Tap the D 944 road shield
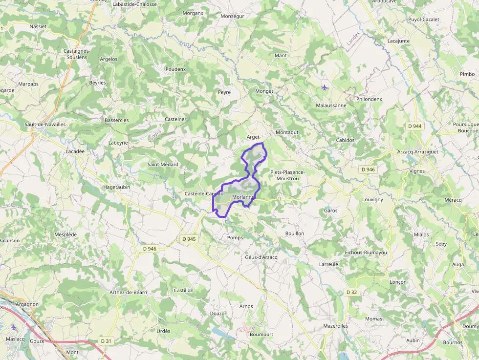[x=415, y=126]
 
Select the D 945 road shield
[x=189, y=239]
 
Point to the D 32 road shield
[x=351, y=292]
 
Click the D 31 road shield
[x=106, y=341]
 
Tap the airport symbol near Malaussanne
[x=325, y=87]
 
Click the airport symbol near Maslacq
[x=13, y=327]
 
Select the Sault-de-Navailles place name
[x=45, y=124]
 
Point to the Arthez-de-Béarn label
[x=128, y=293]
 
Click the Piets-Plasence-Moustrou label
[x=287, y=175]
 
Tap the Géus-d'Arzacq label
[x=261, y=257]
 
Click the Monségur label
[x=232, y=16]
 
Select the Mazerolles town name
[x=335, y=325]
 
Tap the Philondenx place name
[x=369, y=99]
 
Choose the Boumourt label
[x=261, y=335]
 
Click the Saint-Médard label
[x=163, y=165]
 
